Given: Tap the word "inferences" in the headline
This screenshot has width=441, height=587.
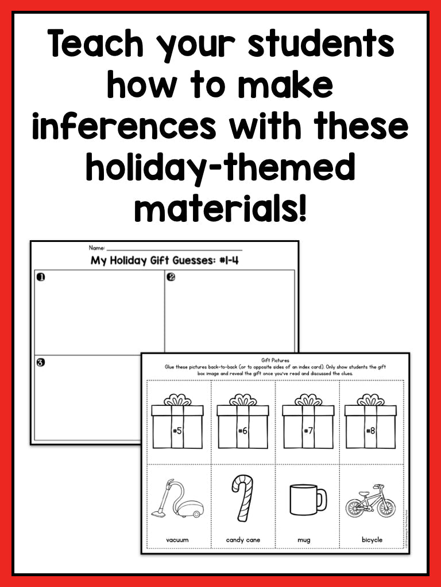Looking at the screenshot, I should [123, 128].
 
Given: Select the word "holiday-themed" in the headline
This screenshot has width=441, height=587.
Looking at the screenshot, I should [221, 169].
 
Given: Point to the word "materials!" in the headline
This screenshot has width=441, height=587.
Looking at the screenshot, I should [221, 210].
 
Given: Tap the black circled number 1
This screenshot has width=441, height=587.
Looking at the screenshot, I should [41, 277].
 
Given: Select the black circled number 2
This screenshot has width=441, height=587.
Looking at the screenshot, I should [171, 277].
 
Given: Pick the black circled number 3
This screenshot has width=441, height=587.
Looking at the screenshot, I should [41, 362].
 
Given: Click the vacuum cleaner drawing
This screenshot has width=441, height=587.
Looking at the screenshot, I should [177, 500].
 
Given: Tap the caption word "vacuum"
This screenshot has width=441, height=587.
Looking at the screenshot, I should [177, 540].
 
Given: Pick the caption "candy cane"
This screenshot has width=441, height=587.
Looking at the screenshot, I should [243, 540].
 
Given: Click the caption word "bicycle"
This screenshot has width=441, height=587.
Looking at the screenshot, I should [372, 540].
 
